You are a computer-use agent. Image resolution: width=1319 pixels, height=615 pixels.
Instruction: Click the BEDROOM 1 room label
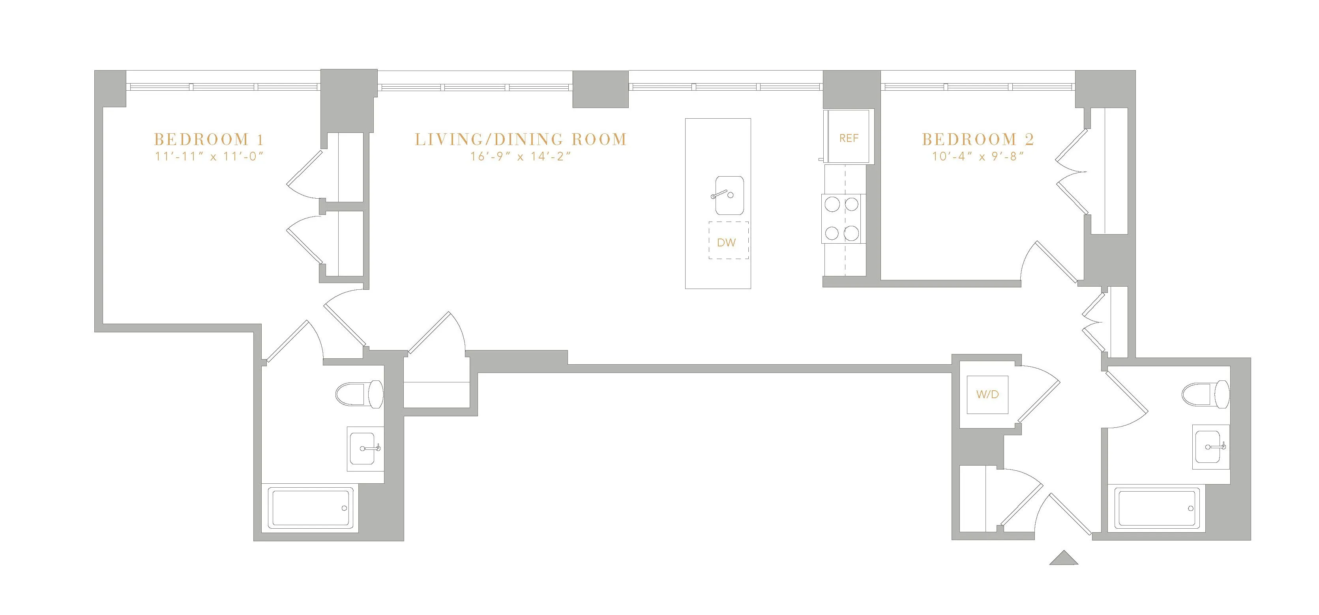[209, 139]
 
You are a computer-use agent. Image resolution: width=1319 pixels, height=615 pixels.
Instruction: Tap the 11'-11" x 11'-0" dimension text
[209, 157]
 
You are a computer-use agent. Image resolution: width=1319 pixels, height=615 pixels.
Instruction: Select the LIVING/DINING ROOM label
[520, 139]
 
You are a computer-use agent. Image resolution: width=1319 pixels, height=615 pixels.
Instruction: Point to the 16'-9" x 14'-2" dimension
[520, 157]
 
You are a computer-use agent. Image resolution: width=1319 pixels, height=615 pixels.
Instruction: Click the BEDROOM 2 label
[978, 139]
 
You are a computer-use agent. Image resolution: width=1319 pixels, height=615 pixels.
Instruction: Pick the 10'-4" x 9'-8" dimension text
[978, 157]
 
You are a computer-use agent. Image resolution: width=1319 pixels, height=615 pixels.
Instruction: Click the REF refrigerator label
[849, 138]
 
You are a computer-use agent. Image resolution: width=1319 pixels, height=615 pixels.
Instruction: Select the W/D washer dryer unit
[987, 395]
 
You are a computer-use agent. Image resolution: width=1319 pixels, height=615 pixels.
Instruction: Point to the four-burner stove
[841, 219]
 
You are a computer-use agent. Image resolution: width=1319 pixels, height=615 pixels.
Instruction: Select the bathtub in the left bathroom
[311, 509]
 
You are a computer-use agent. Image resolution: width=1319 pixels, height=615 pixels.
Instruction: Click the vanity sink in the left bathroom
[365, 449]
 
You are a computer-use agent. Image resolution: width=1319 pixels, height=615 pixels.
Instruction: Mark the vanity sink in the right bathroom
[1210, 447]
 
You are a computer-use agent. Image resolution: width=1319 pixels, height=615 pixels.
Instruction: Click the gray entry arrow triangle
[1064, 558]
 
